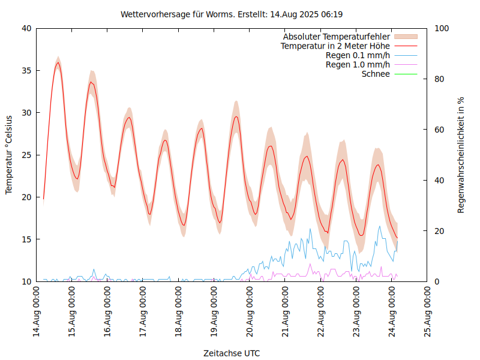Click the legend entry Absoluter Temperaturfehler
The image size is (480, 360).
click(x=336, y=37)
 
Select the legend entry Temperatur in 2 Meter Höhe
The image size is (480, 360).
click(x=335, y=46)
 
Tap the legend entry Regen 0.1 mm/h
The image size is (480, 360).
click(x=358, y=55)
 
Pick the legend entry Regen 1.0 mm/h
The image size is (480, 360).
click(x=358, y=64)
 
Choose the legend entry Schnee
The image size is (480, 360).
click(x=376, y=74)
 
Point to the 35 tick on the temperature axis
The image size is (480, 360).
click(x=25, y=70)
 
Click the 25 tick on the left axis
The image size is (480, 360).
click(x=25, y=155)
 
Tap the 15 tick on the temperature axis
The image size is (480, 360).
click(x=25, y=239)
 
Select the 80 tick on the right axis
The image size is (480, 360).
click(x=439, y=79)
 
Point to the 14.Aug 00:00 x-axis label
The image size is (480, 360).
click(x=37, y=313)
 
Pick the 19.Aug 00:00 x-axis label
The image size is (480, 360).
click(x=214, y=313)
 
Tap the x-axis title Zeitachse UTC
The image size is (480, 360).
click(x=232, y=353)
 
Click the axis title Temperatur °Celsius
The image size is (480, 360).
click(x=9, y=155)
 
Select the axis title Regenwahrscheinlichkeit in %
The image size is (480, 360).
click(x=461, y=155)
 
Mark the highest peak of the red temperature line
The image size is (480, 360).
click(x=58, y=62)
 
